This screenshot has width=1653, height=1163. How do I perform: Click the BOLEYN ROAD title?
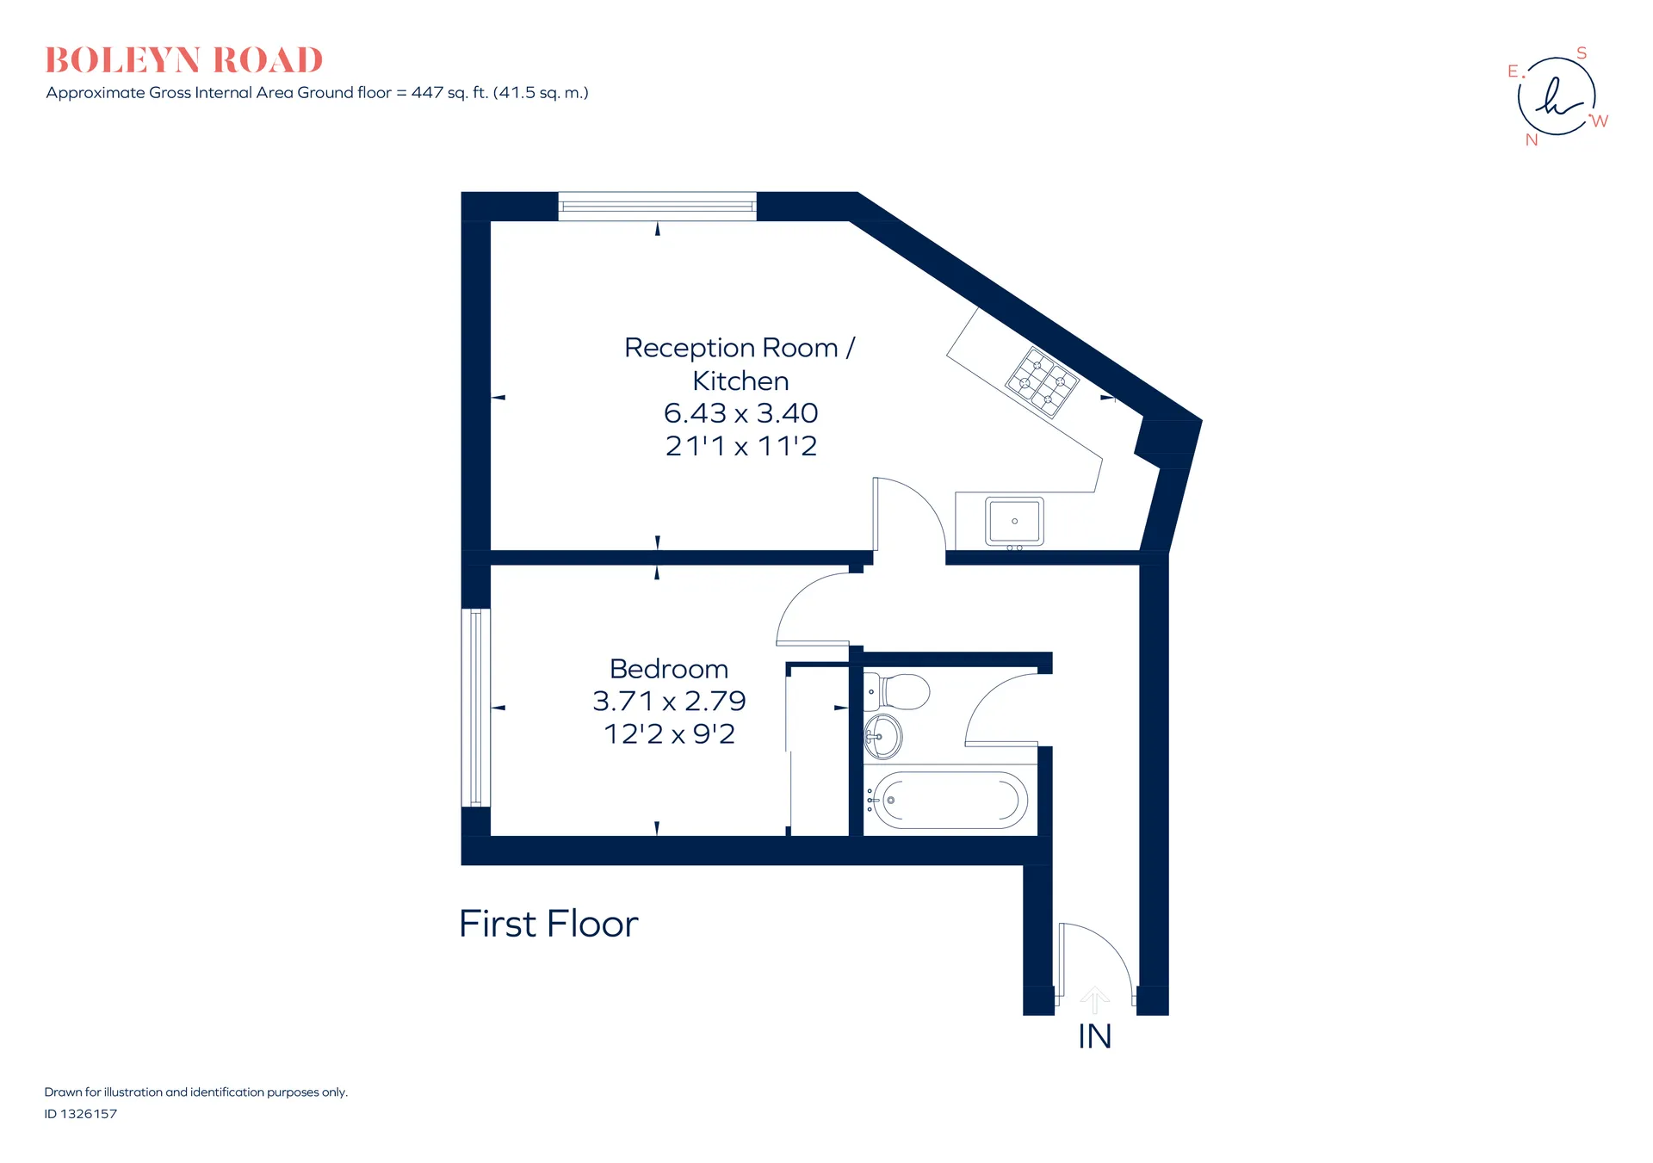(184, 60)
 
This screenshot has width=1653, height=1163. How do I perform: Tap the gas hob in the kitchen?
(1043, 382)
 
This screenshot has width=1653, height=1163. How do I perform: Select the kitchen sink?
(1014, 522)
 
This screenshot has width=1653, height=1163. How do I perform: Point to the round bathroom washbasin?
(882, 736)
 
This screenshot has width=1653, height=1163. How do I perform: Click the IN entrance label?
(1095, 1036)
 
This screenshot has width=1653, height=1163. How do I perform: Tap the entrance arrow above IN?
(1094, 1000)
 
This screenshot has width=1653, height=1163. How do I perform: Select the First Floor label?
(548, 924)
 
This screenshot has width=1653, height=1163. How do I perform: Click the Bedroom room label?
(669, 669)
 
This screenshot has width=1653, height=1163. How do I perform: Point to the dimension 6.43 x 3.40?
(740, 413)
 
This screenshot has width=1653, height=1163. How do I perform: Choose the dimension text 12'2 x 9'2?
(669, 734)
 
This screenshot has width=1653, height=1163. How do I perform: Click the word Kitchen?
(740, 380)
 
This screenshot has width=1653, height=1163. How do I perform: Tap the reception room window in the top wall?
(658, 207)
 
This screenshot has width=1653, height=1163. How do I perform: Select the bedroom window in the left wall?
(476, 708)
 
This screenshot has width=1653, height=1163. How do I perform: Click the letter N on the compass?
(1532, 140)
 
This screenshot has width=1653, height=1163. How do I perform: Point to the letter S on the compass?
(1582, 53)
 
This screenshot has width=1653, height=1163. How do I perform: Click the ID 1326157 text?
(81, 1114)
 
